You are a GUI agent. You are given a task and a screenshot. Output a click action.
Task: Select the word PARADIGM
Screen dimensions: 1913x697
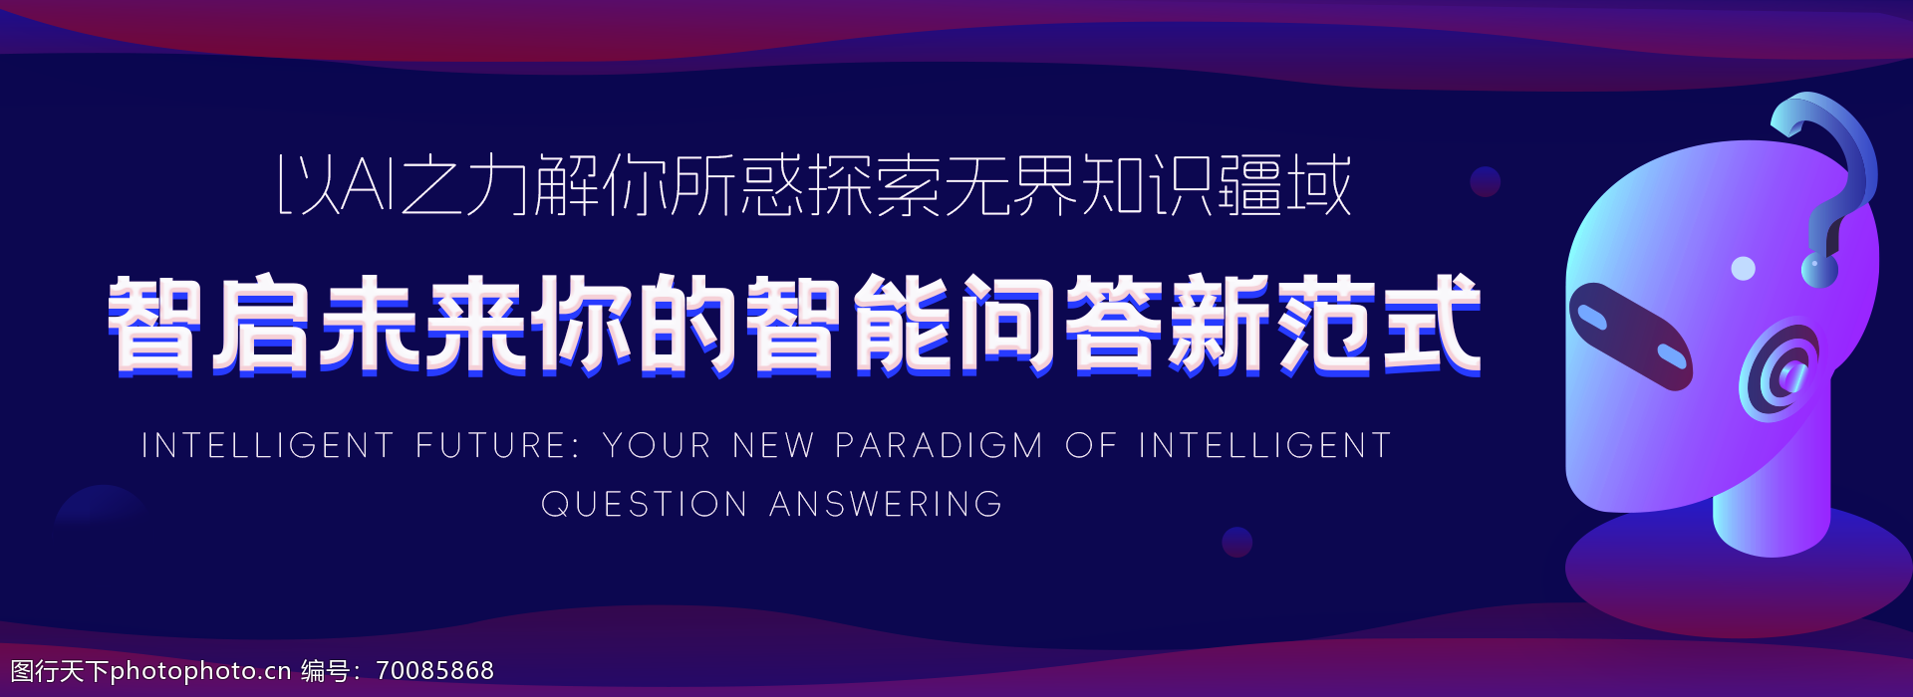pyautogui.click(x=939, y=445)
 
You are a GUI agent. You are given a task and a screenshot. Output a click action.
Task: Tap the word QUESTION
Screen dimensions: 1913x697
pyautogui.click(x=645, y=504)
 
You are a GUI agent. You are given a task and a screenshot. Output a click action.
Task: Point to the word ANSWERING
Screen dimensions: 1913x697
pyautogui.click(x=886, y=504)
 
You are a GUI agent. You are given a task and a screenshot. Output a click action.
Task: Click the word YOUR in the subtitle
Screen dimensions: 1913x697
pyautogui.click(x=657, y=445)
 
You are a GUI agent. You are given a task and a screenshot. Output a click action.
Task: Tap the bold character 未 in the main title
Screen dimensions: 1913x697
pyautogui.click(x=369, y=324)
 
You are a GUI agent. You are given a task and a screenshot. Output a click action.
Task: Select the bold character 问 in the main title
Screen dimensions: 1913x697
pyautogui.click(x=1007, y=324)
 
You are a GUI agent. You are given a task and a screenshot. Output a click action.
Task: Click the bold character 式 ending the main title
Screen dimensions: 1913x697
pyautogui.click(x=1433, y=324)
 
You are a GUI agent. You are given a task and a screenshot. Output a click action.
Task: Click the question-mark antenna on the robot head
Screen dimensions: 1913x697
pyautogui.click(x=1825, y=174)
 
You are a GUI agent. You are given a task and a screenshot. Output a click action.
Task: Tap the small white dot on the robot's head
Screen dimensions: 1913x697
pyautogui.click(x=1744, y=268)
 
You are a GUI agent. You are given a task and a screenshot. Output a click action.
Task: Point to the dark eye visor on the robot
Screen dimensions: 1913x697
pyautogui.click(x=1630, y=336)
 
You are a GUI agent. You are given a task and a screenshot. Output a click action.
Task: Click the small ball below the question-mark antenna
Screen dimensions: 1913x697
pyautogui.click(x=1819, y=269)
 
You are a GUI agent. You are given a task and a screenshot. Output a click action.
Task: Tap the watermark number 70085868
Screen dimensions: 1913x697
pyautogui.click(x=435, y=671)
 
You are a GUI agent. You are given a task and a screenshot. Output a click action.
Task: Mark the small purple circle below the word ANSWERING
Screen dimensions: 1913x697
pyautogui.click(x=1237, y=543)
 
